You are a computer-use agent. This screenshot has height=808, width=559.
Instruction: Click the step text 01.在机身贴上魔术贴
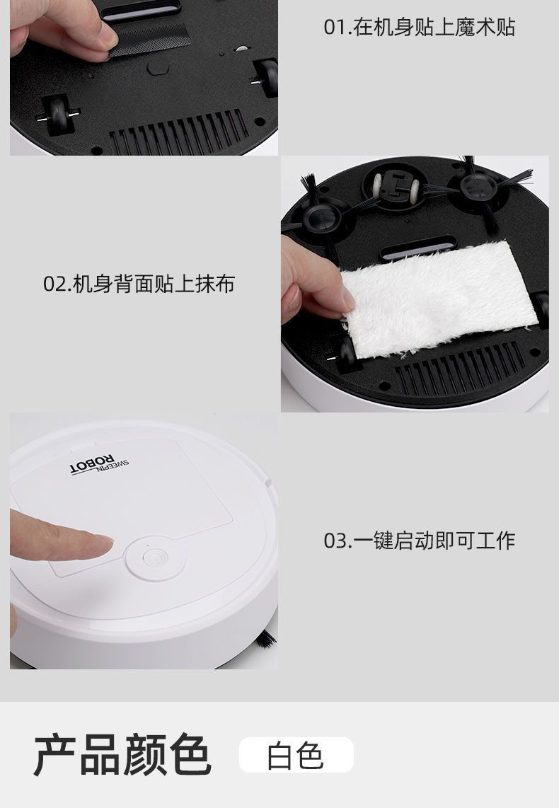click(419, 28)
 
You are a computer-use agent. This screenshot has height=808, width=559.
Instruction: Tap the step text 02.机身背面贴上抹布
click(139, 284)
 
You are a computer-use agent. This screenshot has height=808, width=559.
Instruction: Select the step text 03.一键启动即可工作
click(419, 541)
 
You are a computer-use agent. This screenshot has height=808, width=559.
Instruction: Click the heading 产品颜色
click(122, 756)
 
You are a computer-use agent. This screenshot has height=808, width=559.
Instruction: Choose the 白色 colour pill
click(296, 755)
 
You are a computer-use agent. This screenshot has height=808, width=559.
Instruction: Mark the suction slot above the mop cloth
click(417, 248)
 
